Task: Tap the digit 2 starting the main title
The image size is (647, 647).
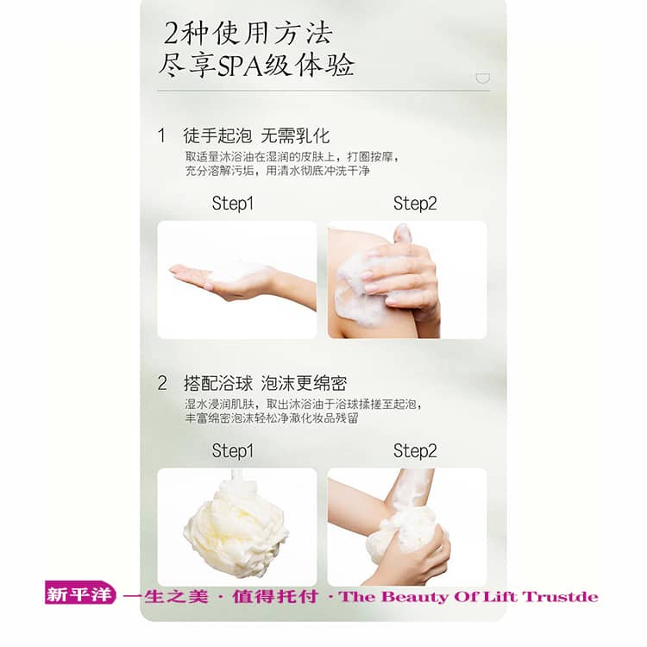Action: [x=172, y=33]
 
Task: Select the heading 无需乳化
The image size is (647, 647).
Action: [x=295, y=135]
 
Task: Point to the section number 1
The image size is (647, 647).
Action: [x=161, y=135]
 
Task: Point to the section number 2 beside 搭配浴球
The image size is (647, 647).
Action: [x=162, y=383]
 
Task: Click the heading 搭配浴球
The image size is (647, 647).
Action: [x=218, y=383]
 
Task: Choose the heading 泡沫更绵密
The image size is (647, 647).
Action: [x=305, y=383]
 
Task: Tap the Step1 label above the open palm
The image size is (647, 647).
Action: [x=233, y=204]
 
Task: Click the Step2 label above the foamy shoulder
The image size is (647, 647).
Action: [x=415, y=204]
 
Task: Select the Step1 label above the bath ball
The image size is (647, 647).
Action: [x=233, y=450]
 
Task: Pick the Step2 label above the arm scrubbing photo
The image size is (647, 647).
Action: [x=415, y=450]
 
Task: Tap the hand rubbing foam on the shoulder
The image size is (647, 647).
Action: [x=402, y=273]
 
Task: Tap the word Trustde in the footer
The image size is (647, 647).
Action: [x=560, y=597]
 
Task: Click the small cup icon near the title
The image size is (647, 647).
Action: [x=483, y=78]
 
